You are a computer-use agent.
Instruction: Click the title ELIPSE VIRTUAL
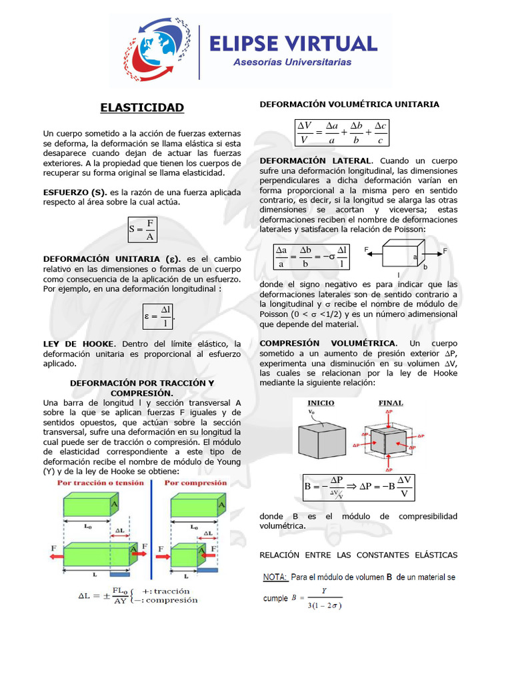pos(293,43)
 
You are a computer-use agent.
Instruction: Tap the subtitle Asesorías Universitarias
pos(293,63)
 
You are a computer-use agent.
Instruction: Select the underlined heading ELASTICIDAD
pos(142,107)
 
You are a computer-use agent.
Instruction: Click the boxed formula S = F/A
pos(142,229)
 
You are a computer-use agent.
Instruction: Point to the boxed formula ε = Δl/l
pos(160,316)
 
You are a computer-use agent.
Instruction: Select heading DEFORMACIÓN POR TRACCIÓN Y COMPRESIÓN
pos(142,388)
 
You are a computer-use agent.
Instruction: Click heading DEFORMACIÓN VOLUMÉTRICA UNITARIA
pos(349,105)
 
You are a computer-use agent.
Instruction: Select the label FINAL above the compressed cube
pos(391,403)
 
